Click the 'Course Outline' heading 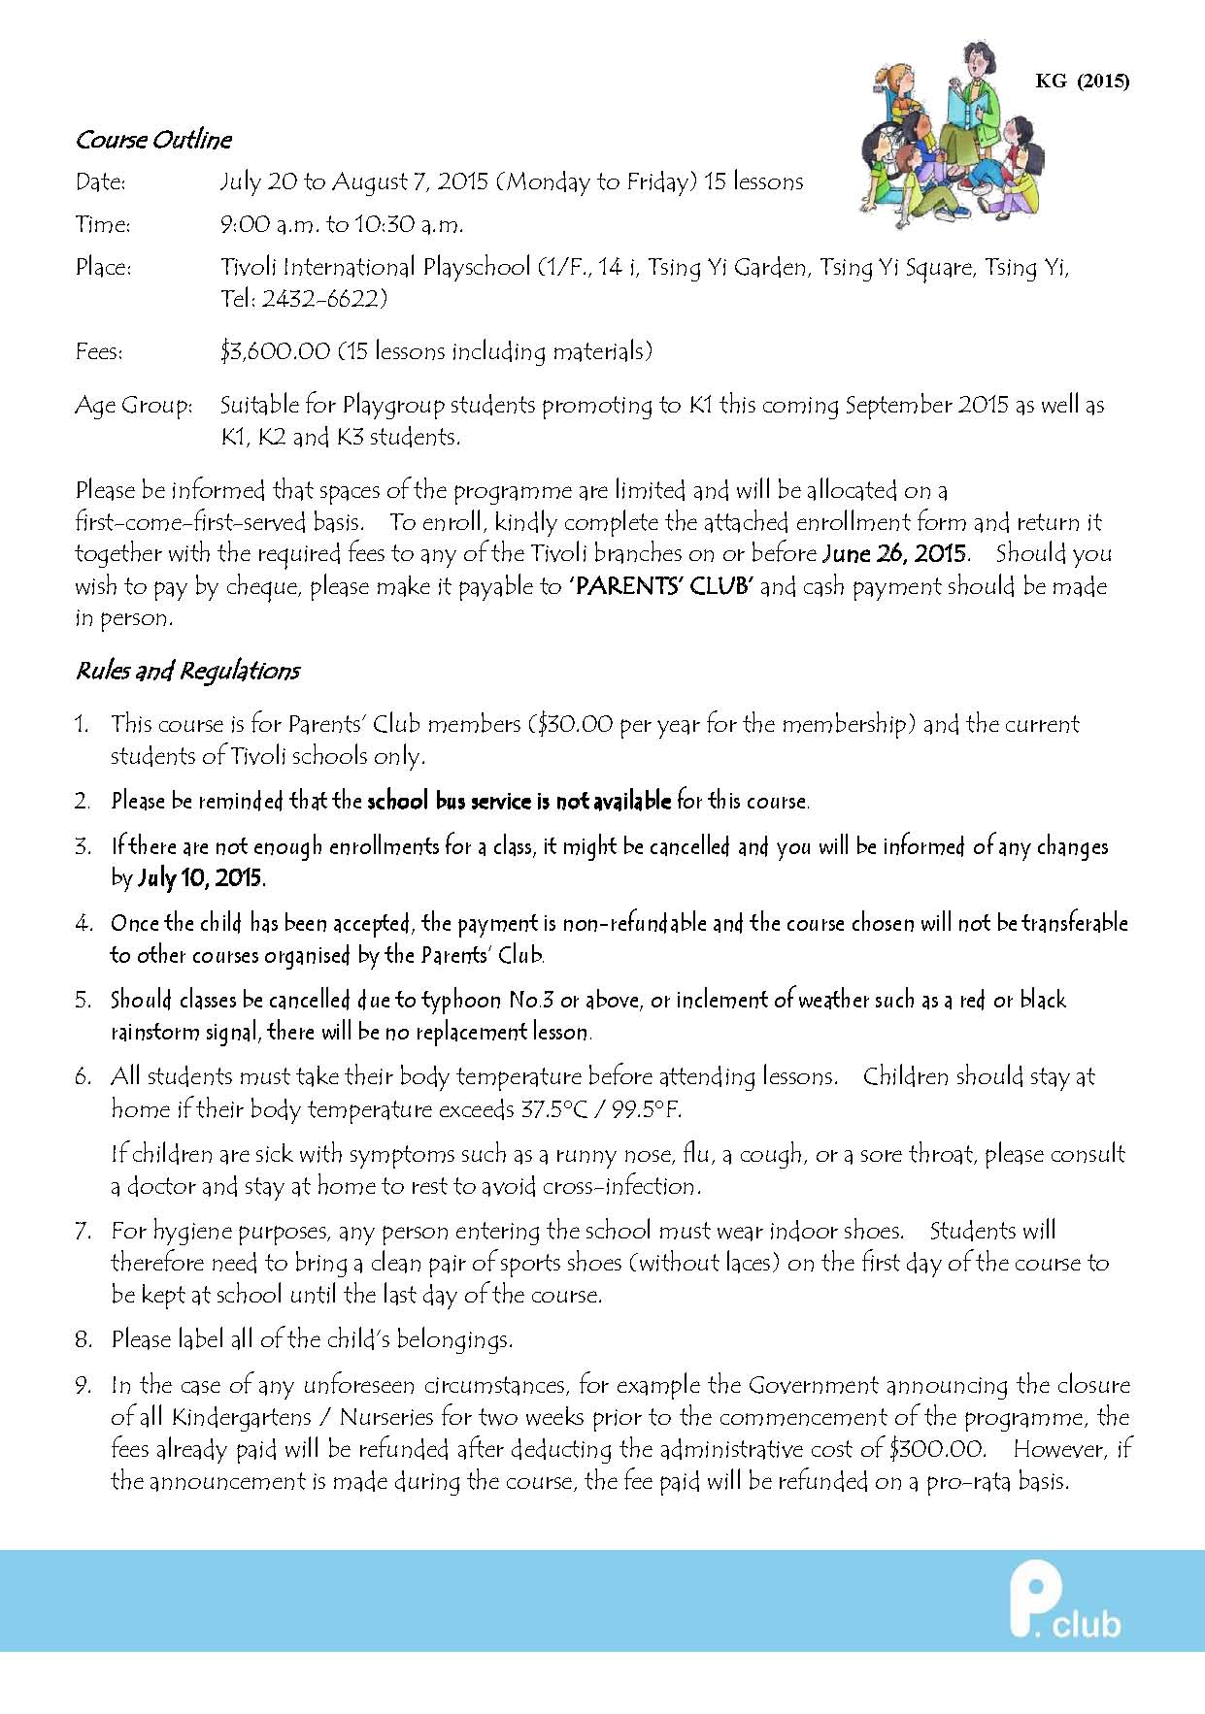[153, 140]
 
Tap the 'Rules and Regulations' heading [187, 671]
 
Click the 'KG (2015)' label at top [1082, 82]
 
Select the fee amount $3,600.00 [275, 350]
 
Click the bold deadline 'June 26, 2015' [894, 554]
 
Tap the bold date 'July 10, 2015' [201, 878]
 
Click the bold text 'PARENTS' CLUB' [661, 586]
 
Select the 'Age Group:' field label [133, 405]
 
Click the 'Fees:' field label [99, 351]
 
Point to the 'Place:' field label [103, 267]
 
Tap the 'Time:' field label [102, 224]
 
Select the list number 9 [84, 1385]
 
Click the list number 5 [84, 1000]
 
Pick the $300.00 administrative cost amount [936, 1449]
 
